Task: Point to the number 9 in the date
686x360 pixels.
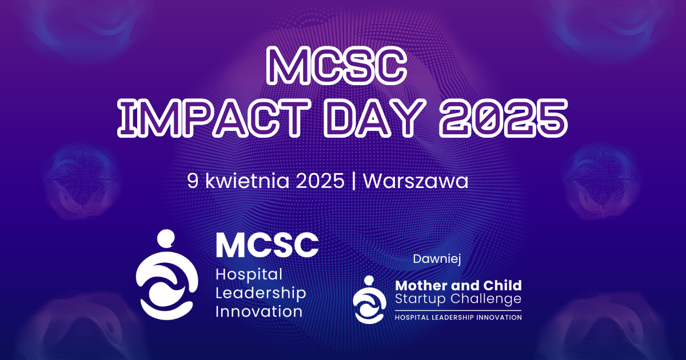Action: click(x=193, y=181)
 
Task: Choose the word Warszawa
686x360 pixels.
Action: click(x=416, y=181)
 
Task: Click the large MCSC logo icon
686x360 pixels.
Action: click(x=165, y=274)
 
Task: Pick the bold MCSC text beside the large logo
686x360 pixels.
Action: click(x=267, y=245)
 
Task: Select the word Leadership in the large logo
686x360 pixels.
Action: click(x=261, y=293)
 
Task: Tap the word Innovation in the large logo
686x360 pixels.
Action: click(x=258, y=311)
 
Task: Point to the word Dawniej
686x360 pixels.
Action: click(x=437, y=259)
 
